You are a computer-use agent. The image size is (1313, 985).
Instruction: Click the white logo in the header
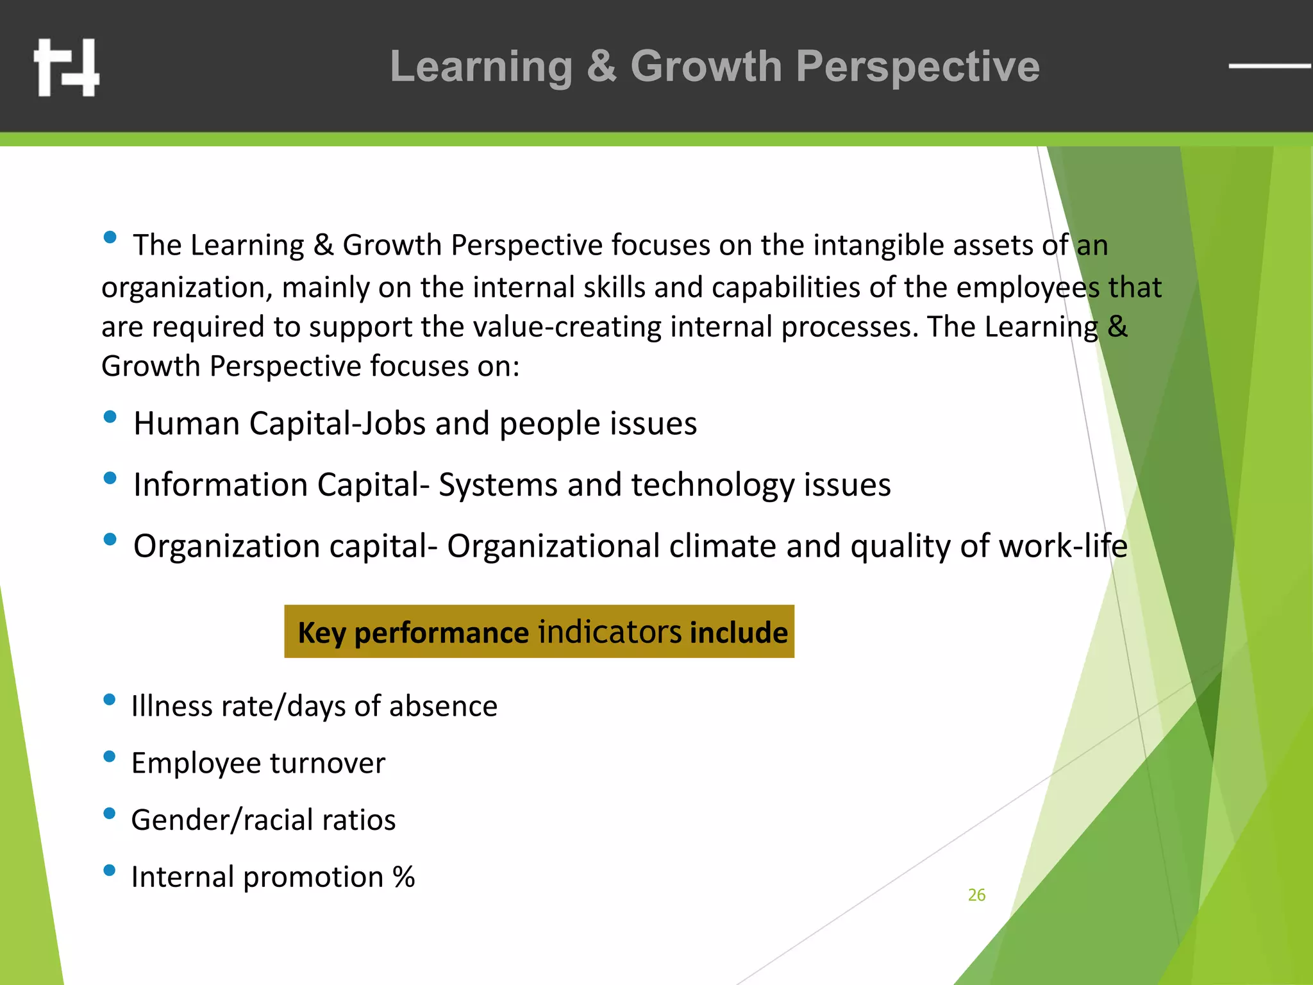(67, 67)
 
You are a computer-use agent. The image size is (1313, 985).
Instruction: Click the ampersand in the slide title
(601, 66)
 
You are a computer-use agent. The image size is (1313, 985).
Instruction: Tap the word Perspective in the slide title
(917, 67)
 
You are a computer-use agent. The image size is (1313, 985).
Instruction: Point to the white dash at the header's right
(1269, 65)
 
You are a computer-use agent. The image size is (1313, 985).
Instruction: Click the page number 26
(976, 895)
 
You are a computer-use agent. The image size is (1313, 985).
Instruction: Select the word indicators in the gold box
(609, 632)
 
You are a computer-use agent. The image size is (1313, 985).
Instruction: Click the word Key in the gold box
(322, 633)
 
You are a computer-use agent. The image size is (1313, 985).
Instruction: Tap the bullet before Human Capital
(110, 417)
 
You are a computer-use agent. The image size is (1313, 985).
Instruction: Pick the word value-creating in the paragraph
(567, 328)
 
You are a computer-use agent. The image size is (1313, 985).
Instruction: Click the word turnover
(328, 764)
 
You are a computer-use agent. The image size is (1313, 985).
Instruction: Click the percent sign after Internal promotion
(404, 877)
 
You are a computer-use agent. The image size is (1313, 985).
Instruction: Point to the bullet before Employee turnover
(110, 757)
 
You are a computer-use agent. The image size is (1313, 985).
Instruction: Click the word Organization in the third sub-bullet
(226, 547)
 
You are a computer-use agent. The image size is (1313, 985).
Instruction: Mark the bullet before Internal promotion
(110, 870)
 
